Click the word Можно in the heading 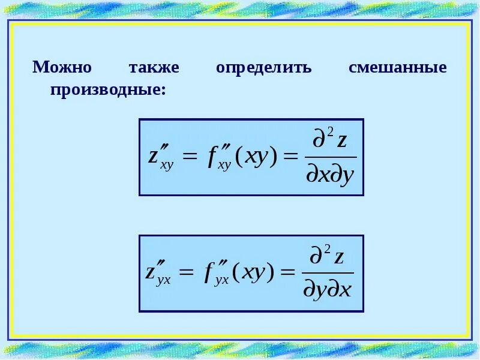pos(62,67)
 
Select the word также pos(154,67)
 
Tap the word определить pos(263,67)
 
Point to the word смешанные pos(398,67)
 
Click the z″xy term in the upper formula pos(160,157)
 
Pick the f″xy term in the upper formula pos(217,157)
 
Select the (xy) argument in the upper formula pos(256,157)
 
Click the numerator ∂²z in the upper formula pos(331,142)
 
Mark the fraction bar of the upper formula pos(331,158)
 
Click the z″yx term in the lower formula pos(158,273)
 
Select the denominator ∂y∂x pos(327,290)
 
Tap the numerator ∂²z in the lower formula pos(328,257)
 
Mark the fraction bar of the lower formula pos(328,274)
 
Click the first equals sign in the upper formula pos(189,158)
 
